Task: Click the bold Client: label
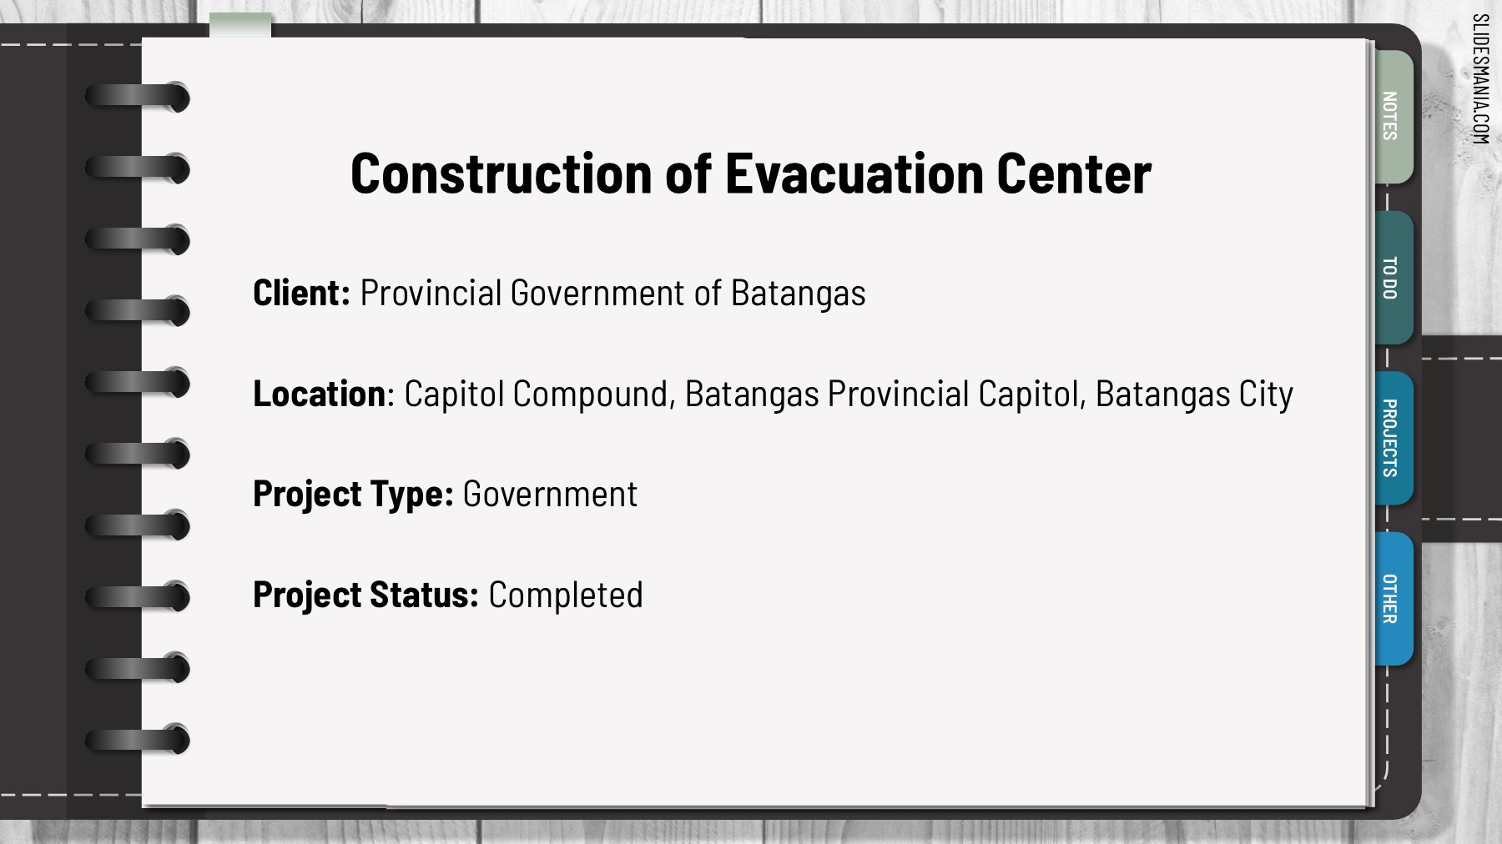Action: point(301,293)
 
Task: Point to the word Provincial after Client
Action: point(431,293)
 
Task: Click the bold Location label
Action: point(319,394)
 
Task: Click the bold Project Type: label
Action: point(353,495)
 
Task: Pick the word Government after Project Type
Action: point(550,495)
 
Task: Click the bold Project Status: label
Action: point(365,595)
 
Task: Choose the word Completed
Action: point(566,595)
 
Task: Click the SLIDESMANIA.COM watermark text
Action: point(1480,79)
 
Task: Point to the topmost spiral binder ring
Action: point(138,97)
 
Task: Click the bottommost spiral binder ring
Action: point(138,739)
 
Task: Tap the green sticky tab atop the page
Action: point(240,25)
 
